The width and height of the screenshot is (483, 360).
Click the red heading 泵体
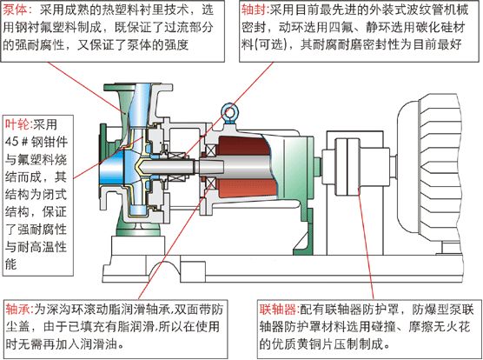click(x=15, y=10)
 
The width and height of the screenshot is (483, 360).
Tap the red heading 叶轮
click(x=17, y=124)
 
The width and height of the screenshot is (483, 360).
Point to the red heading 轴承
click(x=17, y=310)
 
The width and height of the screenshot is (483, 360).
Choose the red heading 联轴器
click(x=277, y=310)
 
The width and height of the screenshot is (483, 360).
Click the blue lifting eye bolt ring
click(x=228, y=112)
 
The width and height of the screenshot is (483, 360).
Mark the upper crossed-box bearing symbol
click(x=211, y=151)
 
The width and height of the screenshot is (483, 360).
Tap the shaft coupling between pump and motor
click(x=347, y=166)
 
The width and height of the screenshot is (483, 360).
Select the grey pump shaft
click(x=197, y=167)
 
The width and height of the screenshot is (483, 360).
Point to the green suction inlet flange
click(x=103, y=161)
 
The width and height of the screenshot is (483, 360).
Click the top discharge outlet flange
click(x=139, y=87)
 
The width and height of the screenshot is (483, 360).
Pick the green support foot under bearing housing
click(x=304, y=232)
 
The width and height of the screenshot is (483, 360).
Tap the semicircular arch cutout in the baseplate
click(x=165, y=269)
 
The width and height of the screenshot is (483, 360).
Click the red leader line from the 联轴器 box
click(x=367, y=244)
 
